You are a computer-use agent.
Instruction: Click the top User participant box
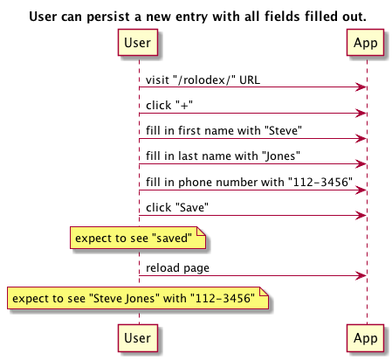pyautogui.click(x=138, y=42)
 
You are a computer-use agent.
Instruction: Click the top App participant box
pyautogui.click(x=365, y=42)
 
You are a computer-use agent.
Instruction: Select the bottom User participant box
pyautogui.click(x=138, y=338)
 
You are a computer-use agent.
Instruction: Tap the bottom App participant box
pyautogui.click(x=365, y=338)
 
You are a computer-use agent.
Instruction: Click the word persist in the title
pyautogui.click(x=107, y=17)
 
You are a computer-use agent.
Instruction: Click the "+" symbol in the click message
pyautogui.click(x=184, y=105)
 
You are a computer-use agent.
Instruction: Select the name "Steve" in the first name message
pyautogui.click(x=283, y=130)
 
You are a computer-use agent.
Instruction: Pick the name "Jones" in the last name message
pyautogui.click(x=281, y=156)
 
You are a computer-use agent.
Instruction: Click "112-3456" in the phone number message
pyautogui.click(x=320, y=182)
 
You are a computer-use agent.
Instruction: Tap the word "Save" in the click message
pyautogui.click(x=192, y=207)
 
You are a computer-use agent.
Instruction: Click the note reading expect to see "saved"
pyautogui.click(x=138, y=238)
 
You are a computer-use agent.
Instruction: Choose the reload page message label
pyautogui.click(x=177, y=268)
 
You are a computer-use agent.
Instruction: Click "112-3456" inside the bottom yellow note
pyautogui.click(x=223, y=298)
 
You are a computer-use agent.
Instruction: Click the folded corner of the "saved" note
pyautogui.click(x=202, y=231)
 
